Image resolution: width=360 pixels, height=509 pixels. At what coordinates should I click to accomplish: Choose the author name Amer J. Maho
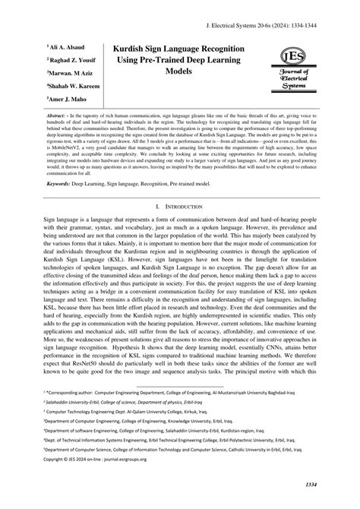[71, 98]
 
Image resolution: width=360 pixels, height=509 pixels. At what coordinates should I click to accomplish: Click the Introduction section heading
[185, 206]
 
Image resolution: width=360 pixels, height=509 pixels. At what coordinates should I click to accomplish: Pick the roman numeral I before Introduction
[156, 206]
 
